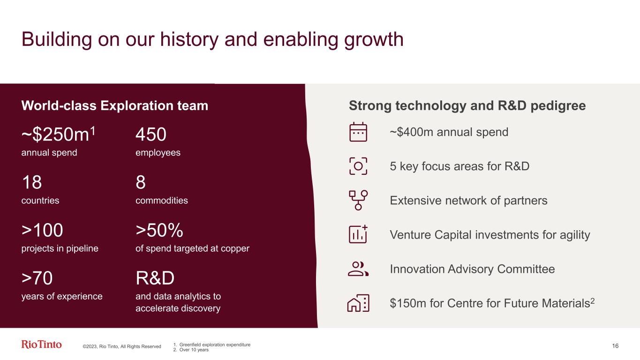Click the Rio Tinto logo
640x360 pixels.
pos(41,345)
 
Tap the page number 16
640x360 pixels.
pos(615,346)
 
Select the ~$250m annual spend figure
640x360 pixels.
pos(58,134)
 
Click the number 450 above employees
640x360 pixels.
pos(151,134)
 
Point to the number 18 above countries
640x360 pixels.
pos(32,182)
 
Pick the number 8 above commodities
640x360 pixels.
pos(141,182)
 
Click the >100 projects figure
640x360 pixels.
pos(42,230)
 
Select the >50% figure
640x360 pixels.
pos(159,230)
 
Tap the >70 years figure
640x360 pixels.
pos(37,278)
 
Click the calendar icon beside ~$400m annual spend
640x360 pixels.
pos(358,132)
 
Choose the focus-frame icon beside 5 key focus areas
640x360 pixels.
pos(358,166)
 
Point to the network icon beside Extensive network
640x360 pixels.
pos(358,200)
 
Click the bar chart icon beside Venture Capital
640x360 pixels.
pos(358,234)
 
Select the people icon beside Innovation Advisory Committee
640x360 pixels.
pos(358,269)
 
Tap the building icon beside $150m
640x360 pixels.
pos(358,303)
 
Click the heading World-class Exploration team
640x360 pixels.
pos(115,106)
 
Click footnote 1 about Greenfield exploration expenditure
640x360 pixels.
pos(212,345)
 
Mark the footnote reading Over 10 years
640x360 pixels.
pos(191,350)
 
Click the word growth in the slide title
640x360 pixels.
pos(374,40)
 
